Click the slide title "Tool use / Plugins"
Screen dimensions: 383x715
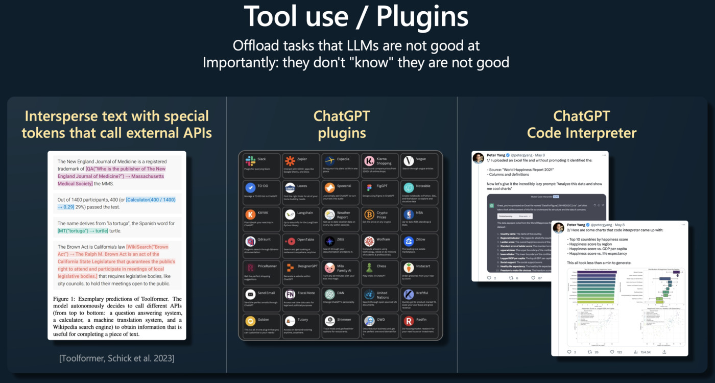click(x=356, y=17)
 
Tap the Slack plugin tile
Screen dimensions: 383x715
click(x=261, y=165)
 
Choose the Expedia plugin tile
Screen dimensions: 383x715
click(x=340, y=165)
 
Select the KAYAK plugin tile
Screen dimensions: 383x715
click(x=261, y=219)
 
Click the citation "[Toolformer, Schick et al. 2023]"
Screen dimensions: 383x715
click(x=117, y=358)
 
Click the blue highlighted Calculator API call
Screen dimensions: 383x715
click(x=152, y=203)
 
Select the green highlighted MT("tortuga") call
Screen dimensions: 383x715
click(x=83, y=231)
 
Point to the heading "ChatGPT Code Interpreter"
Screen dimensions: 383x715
click(x=582, y=125)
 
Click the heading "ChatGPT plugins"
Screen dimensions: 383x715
click(x=342, y=125)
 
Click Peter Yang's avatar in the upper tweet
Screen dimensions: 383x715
click(x=479, y=158)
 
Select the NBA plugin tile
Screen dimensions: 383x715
click(x=420, y=219)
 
